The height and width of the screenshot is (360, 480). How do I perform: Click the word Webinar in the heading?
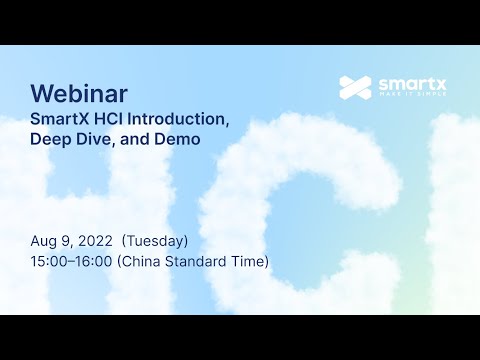click(79, 94)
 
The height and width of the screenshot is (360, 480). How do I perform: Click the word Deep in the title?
click(51, 140)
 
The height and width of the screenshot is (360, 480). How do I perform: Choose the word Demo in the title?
click(179, 140)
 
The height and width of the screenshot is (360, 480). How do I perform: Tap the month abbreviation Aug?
click(44, 241)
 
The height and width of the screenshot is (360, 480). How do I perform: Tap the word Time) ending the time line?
click(250, 262)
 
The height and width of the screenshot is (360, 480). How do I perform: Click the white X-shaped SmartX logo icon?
click(354, 87)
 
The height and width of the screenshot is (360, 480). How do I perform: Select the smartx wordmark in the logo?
click(409, 83)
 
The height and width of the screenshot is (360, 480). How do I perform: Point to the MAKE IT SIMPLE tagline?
click(409, 98)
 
